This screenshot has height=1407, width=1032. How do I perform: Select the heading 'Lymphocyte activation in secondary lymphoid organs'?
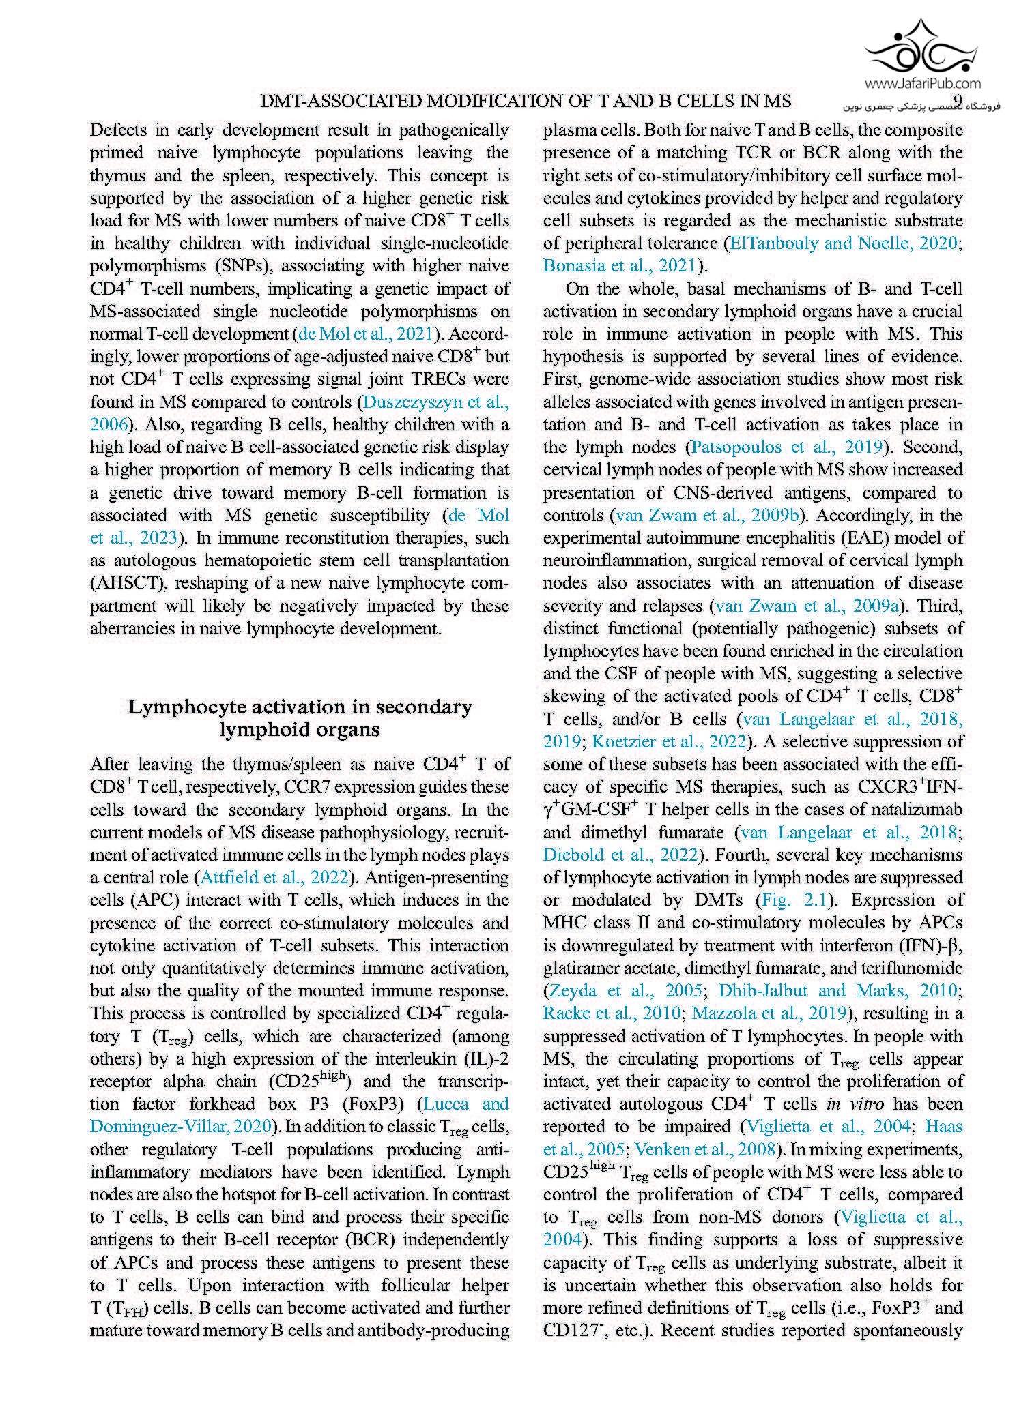(x=300, y=717)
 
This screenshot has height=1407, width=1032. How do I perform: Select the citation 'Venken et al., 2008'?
(x=705, y=1149)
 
